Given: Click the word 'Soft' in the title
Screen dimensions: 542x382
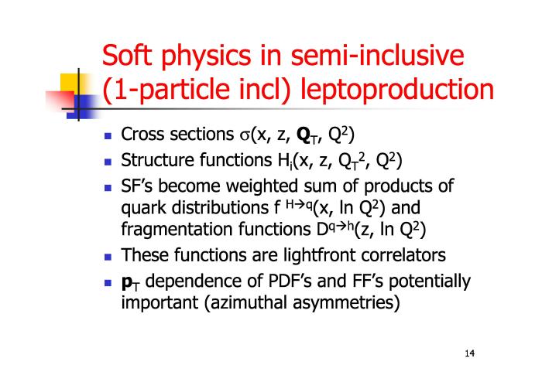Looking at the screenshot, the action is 127,55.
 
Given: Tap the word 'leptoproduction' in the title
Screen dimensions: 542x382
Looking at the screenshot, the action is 397,90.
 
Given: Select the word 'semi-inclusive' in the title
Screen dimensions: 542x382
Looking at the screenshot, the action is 377,55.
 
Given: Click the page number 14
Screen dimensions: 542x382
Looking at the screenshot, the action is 470,353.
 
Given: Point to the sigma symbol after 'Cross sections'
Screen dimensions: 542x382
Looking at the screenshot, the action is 245,135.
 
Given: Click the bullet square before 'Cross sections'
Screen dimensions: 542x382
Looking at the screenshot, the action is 108,135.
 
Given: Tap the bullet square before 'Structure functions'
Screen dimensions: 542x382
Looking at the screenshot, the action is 108,162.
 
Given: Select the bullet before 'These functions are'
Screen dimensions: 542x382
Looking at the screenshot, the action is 108,257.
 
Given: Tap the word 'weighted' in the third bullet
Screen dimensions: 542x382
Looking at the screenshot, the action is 262,186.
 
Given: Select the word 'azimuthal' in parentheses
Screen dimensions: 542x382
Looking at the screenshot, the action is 246,302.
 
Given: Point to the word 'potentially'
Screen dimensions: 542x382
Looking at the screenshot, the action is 430,281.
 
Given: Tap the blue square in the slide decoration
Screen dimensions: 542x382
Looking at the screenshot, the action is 83,107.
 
